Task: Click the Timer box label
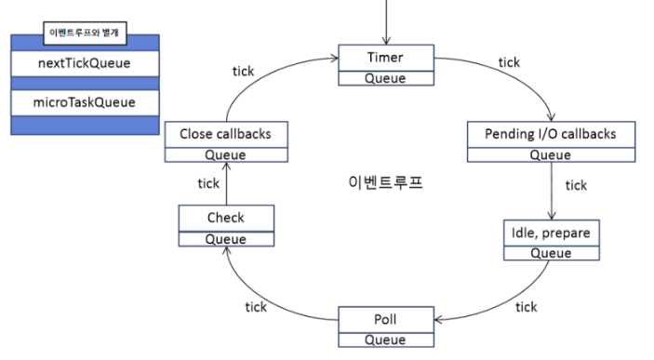[384, 58]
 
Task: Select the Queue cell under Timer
[384, 78]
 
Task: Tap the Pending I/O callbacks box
[550, 135]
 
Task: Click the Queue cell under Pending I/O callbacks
[550, 155]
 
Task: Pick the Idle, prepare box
[550, 231]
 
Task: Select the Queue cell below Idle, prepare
[550, 252]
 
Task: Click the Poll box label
[384, 320]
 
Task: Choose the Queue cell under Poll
[384, 340]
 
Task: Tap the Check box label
[225, 218]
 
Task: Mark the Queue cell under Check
[225, 238]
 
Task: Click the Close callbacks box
[224, 134]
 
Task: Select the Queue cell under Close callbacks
[224, 154]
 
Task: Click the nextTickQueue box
[85, 63]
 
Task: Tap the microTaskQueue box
[85, 101]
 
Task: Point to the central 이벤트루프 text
[381, 181]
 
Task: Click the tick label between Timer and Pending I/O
[509, 62]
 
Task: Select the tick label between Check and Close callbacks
[208, 182]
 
